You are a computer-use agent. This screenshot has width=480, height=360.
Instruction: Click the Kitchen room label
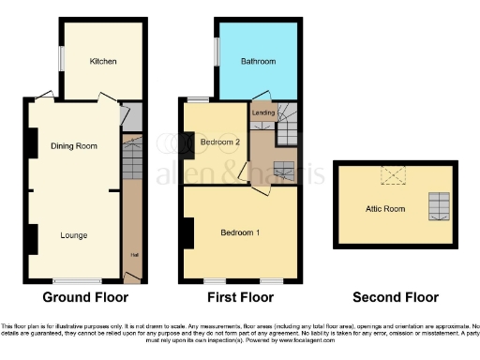click(x=103, y=61)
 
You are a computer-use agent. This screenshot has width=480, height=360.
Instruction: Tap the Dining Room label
click(x=74, y=146)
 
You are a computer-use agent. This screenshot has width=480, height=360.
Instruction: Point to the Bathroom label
click(x=258, y=61)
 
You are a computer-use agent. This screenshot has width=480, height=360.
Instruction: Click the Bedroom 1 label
click(x=241, y=232)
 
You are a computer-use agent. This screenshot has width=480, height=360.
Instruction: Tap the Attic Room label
click(x=385, y=208)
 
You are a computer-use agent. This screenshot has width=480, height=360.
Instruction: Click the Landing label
click(x=263, y=113)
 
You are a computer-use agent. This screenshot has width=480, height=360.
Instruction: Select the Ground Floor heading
click(x=86, y=298)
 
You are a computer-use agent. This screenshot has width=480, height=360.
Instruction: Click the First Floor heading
click(x=241, y=298)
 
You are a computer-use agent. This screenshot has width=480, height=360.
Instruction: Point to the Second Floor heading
click(x=395, y=298)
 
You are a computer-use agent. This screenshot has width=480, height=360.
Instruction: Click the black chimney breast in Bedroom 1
click(x=189, y=233)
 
